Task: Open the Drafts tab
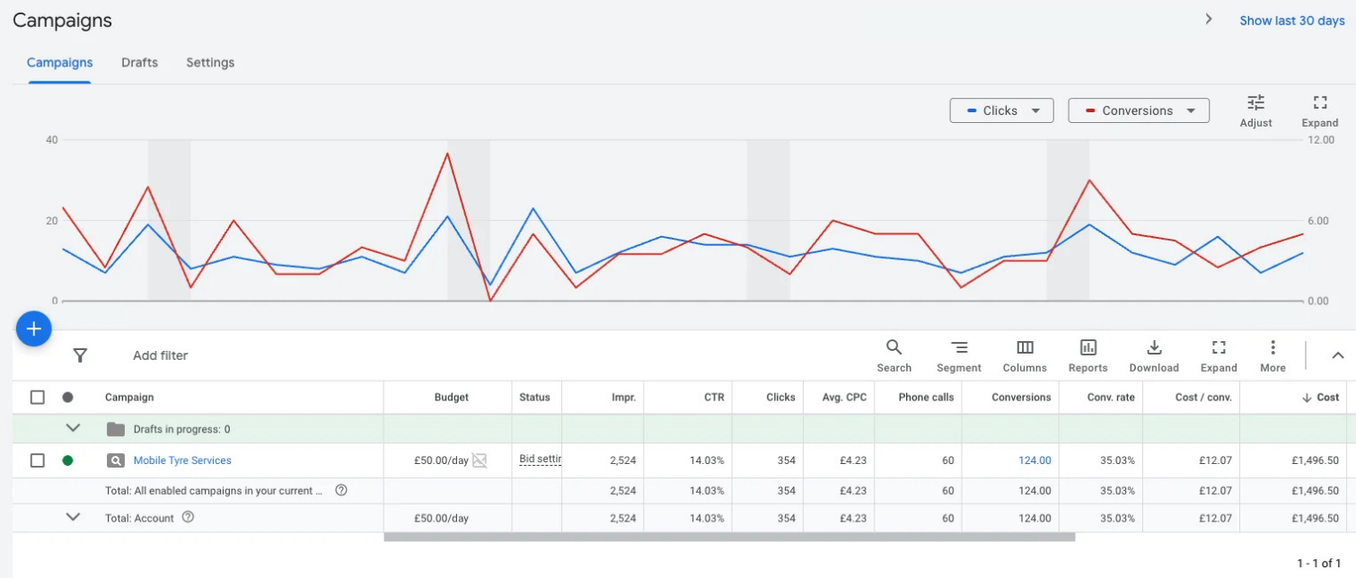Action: point(139,62)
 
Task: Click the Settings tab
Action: point(210,62)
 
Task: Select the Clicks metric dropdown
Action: point(1001,110)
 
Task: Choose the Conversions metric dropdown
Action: point(1139,110)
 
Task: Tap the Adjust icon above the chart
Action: point(1256,102)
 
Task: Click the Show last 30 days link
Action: point(1292,21)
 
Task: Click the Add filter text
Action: point(161,355)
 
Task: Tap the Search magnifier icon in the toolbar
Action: point(894,347)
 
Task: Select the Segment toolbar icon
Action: point(959,347)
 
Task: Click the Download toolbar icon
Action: point(1155,347)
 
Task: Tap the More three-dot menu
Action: point(1273,347)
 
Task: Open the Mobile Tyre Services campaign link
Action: point(182,460)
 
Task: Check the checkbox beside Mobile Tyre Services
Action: point(38,460)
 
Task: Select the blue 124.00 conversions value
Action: point(1035,460)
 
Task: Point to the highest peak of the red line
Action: point(447,153)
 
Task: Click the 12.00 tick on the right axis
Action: point(1321,140)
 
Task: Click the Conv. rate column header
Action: point(1111,397)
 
